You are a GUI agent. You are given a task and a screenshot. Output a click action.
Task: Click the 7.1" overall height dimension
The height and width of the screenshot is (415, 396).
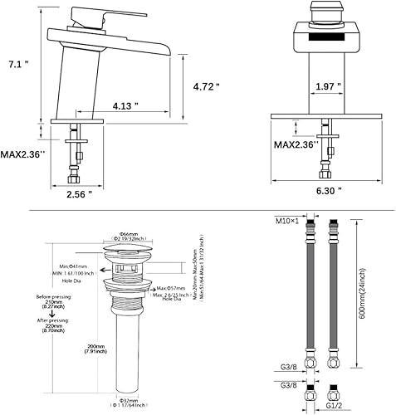pos(15,64)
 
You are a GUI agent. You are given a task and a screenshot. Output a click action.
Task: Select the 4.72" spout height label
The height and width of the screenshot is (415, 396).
pos(207,85)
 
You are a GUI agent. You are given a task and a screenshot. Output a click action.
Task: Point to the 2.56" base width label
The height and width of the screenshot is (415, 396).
pos(81,194)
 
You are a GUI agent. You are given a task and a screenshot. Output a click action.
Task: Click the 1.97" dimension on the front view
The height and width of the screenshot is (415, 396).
pos(329,85)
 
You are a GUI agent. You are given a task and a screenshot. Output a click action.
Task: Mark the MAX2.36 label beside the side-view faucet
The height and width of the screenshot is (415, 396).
pos(26,155)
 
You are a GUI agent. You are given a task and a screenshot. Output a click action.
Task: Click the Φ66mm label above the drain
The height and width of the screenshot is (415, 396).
pos(129,235)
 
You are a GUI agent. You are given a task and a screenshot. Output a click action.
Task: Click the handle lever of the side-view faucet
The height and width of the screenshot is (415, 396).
pos(82,15)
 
